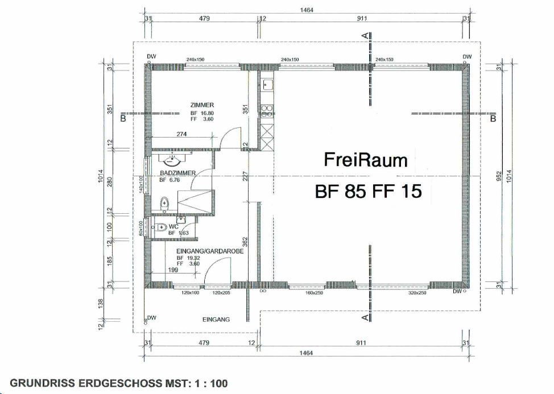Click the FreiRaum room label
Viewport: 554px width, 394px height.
[366, 160]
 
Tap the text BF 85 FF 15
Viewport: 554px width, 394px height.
[368, 192]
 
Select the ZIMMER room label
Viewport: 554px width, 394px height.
[202, 105]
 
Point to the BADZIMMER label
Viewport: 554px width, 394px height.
[177, 173]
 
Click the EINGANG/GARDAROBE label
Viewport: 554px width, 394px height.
[203, 250]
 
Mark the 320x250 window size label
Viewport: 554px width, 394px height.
[417, 293]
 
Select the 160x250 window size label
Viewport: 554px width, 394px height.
[313, 293]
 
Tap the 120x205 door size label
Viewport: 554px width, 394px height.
[221, 293]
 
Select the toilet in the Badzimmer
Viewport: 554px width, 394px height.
[164, 202]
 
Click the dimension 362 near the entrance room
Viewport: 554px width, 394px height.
[246, 240]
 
